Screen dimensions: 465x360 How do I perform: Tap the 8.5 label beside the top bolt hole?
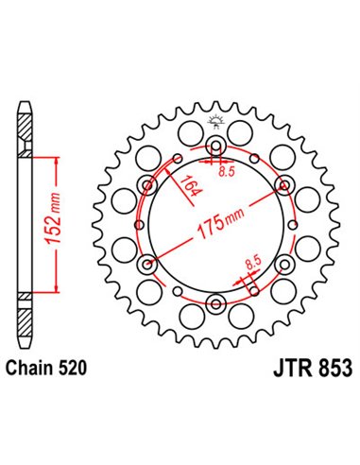(x=226, y=171)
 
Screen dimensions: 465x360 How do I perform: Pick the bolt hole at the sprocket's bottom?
(x=215, y=302)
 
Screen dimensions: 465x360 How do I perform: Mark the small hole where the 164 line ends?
(x=147, y=185)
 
